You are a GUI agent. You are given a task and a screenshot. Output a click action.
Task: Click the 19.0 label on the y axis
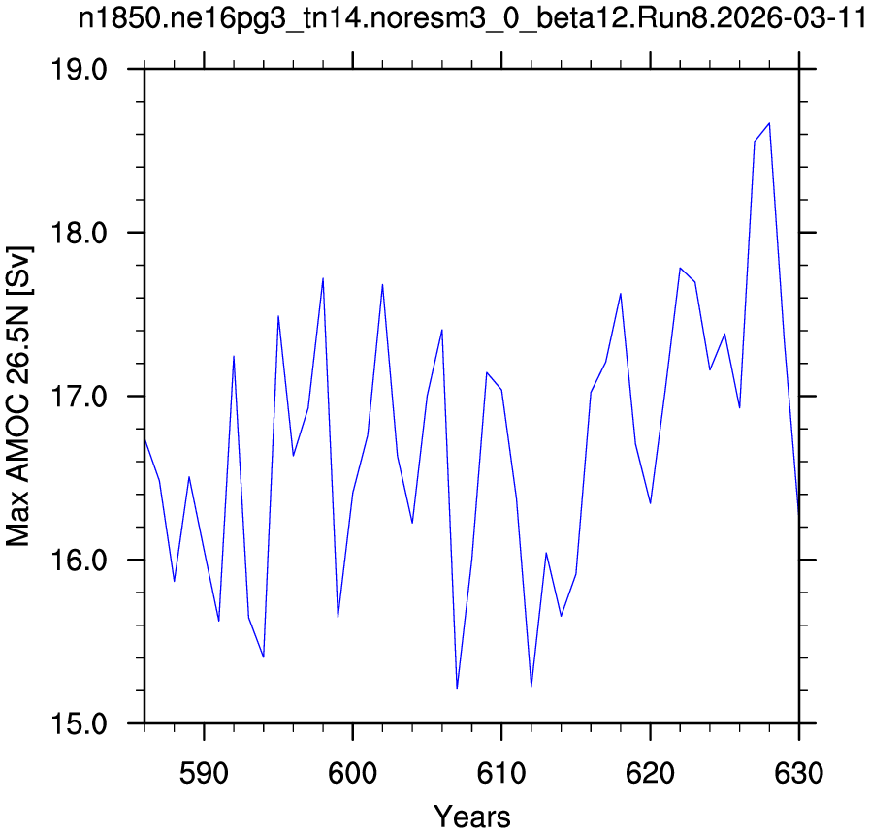point(79,69)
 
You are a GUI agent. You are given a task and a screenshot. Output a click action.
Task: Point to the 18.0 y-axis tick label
point(79,233)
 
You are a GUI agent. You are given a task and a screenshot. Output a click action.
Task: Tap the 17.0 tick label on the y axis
point(79,397)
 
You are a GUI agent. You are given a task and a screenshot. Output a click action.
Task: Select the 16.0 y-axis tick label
point(79,561)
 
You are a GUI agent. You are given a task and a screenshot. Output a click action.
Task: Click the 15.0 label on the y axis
point(79,723)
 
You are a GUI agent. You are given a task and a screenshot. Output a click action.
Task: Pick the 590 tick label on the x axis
point(204,773)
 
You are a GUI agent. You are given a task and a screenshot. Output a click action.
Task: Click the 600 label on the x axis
point(352,773)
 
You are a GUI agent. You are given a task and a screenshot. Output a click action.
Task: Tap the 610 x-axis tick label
point(501,773)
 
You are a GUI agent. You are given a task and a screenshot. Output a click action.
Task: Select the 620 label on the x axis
point(650,773)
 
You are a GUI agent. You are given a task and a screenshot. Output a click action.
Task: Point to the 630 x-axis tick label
point(798,773)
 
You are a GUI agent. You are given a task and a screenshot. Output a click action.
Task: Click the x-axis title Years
point(471,817)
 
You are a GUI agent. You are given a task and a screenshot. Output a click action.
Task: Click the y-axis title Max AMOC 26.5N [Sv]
point(17,396)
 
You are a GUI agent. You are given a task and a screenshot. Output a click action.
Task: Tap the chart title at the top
point(471,18)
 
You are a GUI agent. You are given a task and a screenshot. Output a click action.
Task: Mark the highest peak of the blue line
point(769,123)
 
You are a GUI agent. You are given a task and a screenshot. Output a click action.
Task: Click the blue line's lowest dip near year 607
point(457,689)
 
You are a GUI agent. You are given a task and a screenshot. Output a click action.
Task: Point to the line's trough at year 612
point(531,687)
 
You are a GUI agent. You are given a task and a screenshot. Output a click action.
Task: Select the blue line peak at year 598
point(323,278)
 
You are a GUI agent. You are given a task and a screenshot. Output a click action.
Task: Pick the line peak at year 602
point(382,284)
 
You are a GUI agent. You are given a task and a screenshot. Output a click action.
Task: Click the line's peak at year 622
point(680,268)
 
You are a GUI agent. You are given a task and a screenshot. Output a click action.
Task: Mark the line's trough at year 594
point(263,657)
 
